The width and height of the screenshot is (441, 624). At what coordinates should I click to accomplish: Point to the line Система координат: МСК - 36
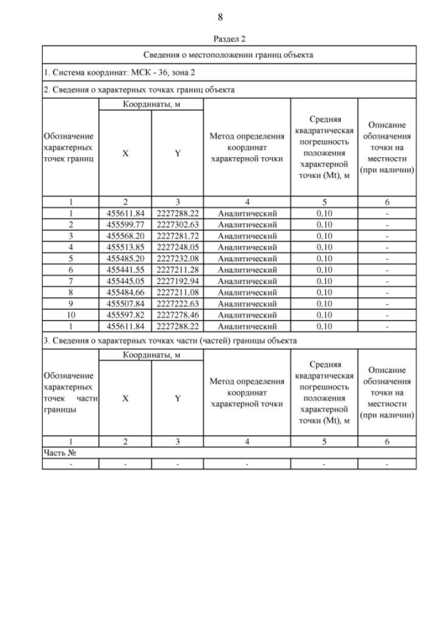pos(111,72)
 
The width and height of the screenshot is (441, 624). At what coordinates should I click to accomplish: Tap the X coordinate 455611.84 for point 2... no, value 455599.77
pos(125,225)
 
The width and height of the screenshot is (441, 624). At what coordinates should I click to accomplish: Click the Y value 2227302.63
pos(177,225)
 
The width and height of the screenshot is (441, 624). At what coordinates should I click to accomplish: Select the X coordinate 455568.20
pos(125,236)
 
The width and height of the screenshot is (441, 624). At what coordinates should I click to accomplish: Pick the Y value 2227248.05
pos(177,247)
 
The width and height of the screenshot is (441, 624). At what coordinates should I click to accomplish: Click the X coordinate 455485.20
pos(125,258)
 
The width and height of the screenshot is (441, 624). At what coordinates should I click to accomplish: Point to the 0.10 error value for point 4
pos(324,247)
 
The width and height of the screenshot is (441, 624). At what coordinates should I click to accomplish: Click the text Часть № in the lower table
pos(59,452)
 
